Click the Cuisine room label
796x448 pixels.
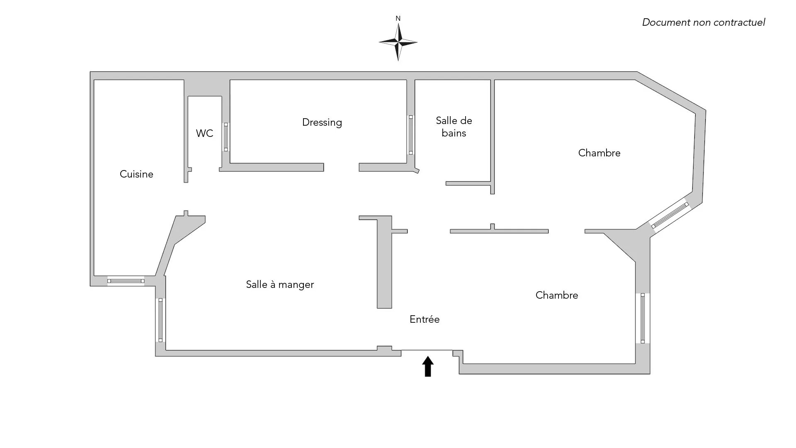(x=136, y=174)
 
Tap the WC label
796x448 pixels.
(x=204, y=133)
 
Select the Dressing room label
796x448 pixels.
(x=322, y=122)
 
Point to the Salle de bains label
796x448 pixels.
(x=454, y=127)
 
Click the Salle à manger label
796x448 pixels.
(x=280, y=285)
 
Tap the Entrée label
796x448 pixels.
(x=425, y=319)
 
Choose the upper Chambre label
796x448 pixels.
(x=599, y=153)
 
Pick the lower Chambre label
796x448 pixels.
(x=556, y=295)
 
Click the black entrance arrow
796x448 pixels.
(x=428, y=367)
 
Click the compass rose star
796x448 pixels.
(x=398, y=42)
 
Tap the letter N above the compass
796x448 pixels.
(x=398, y=19)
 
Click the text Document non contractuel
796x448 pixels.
(x=703, y=22)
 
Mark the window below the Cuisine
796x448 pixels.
(x=126, y=281)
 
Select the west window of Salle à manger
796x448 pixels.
(x=160, y=320)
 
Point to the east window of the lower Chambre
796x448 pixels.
(x=643, y=318)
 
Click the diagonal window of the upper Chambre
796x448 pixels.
(x=670, y=215)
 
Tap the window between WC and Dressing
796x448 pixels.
(x=226, y=137)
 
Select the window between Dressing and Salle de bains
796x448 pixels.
(x=410, y=135)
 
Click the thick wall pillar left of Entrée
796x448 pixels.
(x=384, y=265)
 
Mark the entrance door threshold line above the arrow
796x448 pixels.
(x=427, y=350)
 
